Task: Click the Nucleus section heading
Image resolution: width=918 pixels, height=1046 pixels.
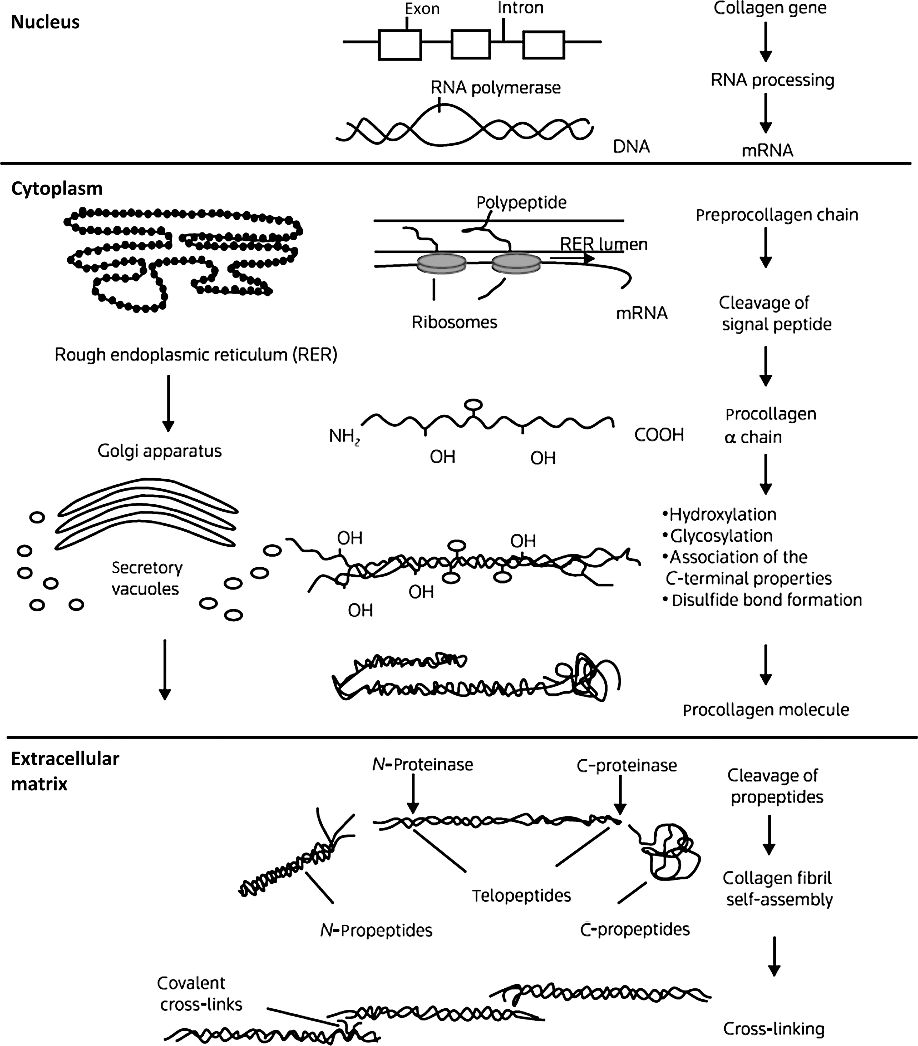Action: (x=45, y=23)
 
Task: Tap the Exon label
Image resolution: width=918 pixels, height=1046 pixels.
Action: (x=422, y=9)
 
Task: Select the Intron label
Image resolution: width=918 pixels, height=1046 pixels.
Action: (x=520, y=8)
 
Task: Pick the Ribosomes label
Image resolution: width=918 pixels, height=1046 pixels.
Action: (x=454, y=322)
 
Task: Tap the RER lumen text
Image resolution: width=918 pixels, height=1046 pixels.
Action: (x=604, y=245)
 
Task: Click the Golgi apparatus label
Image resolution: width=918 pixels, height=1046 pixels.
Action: (x=160, y=451)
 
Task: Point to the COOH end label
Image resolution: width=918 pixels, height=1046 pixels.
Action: (x=659, y=435)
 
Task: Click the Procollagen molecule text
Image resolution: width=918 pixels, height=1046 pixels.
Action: (x=766, y=710)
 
